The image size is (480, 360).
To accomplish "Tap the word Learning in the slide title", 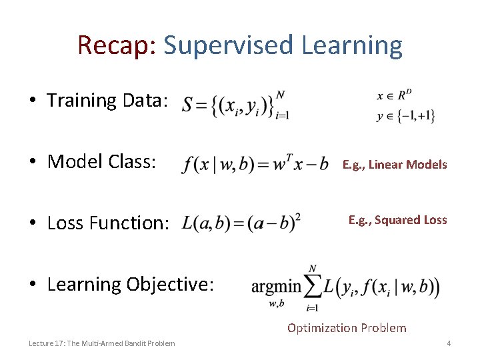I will click(352, 45).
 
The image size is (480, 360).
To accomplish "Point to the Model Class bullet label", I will click(102, 161).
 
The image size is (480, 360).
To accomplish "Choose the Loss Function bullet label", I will click(109, 223).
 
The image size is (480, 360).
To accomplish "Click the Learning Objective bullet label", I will click(131, 284).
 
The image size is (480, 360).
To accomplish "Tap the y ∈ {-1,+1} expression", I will click(406, 115).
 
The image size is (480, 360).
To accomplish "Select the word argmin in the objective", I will click(277, 287).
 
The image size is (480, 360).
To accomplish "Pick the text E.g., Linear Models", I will click(395, 165).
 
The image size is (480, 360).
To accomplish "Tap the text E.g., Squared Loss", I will click(397, 220).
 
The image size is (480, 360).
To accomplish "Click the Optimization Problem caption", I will click(346, 327).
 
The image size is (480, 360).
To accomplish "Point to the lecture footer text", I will click(102, 343).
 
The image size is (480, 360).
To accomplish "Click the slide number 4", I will click(449, 343).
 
